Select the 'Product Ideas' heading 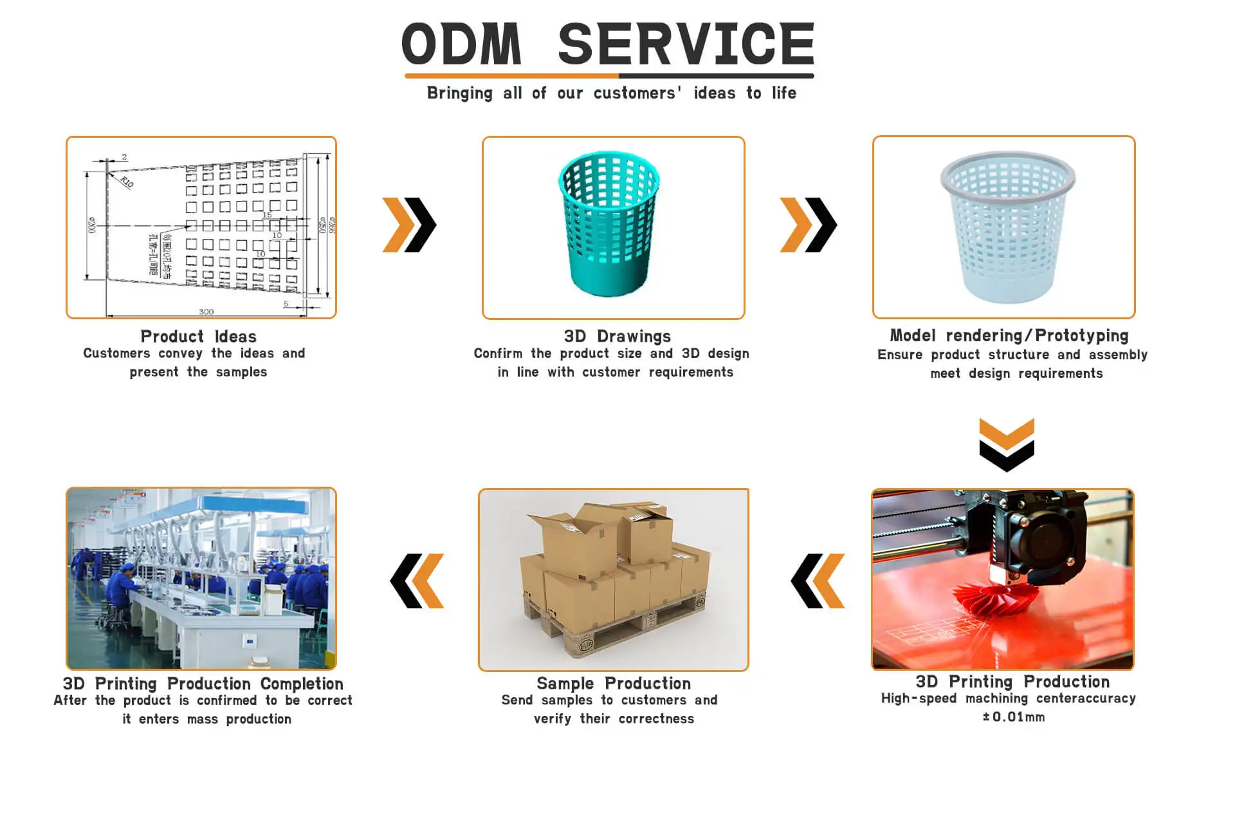click(x=198, y=336)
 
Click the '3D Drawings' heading click(x=617, y=336)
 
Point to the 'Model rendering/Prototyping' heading click(x=1009, y=335)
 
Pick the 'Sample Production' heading click(x=614, y=683)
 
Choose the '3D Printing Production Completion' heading click(x=203, y=683)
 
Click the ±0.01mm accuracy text click(x=1013, y=717)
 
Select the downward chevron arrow click(x=1007, y=444)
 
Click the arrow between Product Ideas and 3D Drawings click(x=410, y=225)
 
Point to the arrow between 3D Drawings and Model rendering click(x=808, y=225)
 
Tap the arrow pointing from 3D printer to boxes click(x=818, y=581)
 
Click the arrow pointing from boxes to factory click(x=417, y=581)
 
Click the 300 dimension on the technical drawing click(x=206, y=312)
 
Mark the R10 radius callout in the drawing click(x=127, y=182)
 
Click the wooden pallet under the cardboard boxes click(x=617, y=628)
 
